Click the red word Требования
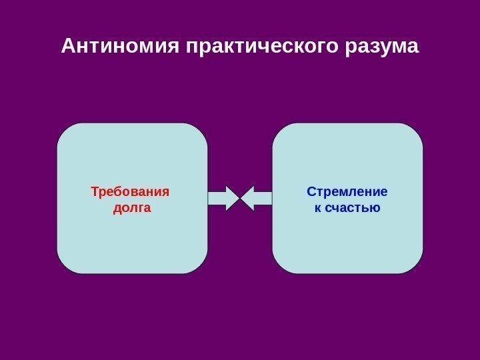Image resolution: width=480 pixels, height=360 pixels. tap(130, 193)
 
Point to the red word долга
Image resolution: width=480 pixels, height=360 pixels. tap(132, 208)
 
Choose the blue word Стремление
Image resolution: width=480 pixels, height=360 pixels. tap(347, 193)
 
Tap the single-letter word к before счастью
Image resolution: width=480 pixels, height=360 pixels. tap(317, 208)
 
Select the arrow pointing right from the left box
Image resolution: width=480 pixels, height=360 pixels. tap(224, 198)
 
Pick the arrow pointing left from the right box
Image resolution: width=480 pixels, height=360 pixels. tap(256, 198)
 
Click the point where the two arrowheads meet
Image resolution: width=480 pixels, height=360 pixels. tap(240, 198)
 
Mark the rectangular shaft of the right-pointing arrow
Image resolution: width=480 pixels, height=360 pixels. tap(217, 198)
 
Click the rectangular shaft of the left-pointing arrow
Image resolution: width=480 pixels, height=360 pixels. tap(263, 198)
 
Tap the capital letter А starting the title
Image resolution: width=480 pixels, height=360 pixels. tap(68, 47)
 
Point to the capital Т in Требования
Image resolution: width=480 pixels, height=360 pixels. tap(95, 193)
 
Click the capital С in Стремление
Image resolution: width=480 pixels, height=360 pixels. tap(311, 193)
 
